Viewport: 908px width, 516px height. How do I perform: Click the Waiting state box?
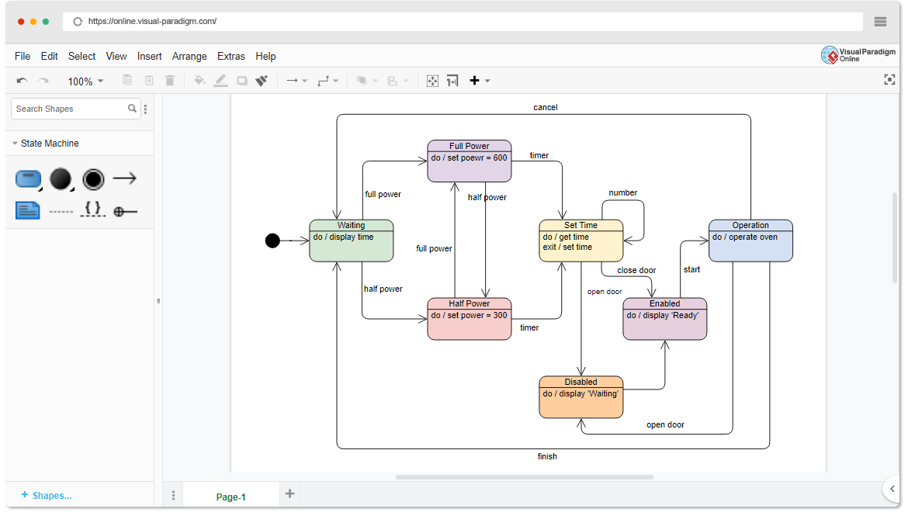coord(351,241)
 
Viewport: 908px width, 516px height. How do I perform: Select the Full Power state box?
coord(469,161)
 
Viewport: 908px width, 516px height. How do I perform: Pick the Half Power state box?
coord(469,319)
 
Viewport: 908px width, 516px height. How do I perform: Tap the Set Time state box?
coord(580,241)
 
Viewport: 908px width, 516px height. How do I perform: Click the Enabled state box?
coord(664,319)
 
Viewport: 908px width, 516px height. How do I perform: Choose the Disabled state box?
coord(580,397)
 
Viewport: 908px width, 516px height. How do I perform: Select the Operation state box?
coord(750,241)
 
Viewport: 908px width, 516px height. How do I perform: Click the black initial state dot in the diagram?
coord(272,241)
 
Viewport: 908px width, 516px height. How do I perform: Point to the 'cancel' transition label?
coord(545,107)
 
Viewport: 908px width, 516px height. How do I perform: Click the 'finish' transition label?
coord(547,456)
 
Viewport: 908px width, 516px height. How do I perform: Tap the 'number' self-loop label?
coord(622,192)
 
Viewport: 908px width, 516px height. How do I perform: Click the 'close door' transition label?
coord(636,270)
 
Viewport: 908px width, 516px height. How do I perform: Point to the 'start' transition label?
coord(691,269)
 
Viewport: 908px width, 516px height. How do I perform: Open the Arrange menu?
coord(189,56)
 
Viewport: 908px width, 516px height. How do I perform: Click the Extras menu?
coord(231,56)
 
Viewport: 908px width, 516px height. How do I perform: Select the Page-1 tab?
coord(230,497)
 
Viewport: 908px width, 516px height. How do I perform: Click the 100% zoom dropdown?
coord(85,81)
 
